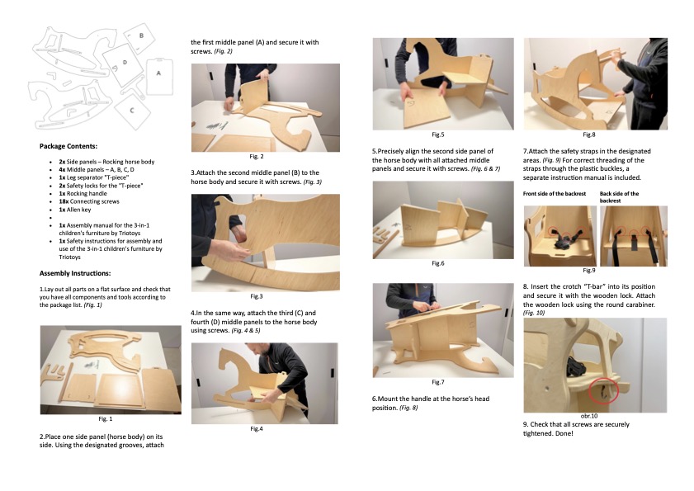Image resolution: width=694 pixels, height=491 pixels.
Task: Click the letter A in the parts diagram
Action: (158, 73)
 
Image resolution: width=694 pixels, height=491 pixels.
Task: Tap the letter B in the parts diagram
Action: (141, 35)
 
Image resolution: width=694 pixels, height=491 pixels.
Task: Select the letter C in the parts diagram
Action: (131, 111)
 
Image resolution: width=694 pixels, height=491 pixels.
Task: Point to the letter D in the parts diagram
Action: (125, 63)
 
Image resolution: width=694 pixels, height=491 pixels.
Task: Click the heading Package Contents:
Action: (68, 146)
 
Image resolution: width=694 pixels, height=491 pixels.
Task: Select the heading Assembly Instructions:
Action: (75, 273)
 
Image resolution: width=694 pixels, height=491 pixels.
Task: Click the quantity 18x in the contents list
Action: (64, 201)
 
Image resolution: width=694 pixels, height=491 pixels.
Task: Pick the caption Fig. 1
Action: (106, 419)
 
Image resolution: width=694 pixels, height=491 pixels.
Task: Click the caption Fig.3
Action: (257, 296)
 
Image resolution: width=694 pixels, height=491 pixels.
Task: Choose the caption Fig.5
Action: (437, 135)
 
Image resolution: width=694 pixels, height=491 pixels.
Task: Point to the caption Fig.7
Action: (437, 382)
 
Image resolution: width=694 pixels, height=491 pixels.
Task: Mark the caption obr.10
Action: (589, 416)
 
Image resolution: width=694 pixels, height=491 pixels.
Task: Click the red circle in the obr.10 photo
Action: (604, 391)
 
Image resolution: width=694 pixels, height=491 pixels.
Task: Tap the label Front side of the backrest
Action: (555, 193)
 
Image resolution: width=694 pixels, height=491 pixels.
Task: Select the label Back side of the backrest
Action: (619, 197)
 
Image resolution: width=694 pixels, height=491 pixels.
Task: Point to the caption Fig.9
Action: (589, 271)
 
